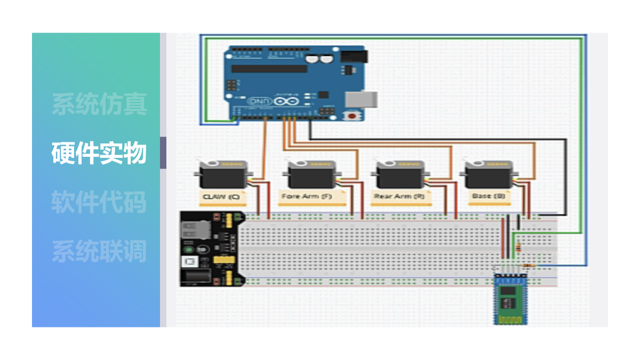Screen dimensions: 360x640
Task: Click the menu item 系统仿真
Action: pos(99,104)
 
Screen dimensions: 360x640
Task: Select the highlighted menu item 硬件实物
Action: pos(99,153)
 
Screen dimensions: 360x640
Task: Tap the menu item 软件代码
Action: pos(99,202)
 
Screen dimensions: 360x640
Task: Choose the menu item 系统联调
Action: pos(99,251)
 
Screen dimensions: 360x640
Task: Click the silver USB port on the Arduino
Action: pos(362,99)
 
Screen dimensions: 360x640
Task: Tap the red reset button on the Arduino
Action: pos(353,115)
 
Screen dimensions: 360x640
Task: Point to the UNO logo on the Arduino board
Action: pos(258,101)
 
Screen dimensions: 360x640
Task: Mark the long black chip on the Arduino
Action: pos(269,69)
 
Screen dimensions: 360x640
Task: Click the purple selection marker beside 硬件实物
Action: pos(163,153)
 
